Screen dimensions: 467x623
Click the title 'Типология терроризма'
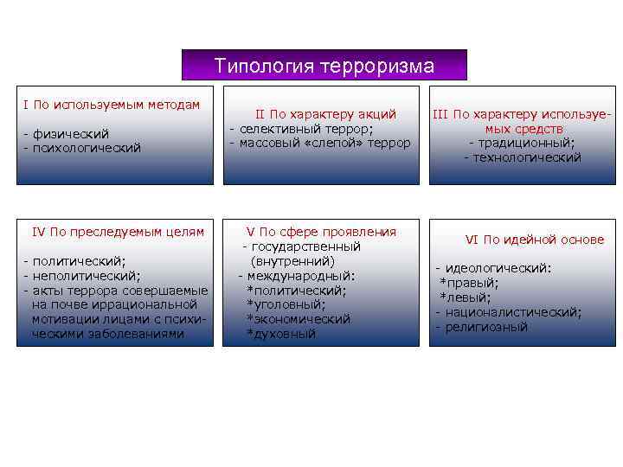tap(324, 66)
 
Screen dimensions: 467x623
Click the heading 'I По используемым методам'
tap(112, 105)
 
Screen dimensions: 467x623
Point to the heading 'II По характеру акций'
tap(324, 113)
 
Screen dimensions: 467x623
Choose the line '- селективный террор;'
tap(301, 128)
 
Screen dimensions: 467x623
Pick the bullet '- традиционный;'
tap(522, 143)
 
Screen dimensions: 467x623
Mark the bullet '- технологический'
tap(522, 157)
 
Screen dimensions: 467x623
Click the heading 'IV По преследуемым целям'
tap(118, 231)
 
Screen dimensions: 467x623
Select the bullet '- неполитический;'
tap(81, 275)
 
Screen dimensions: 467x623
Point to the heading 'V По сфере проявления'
tap(321, 231)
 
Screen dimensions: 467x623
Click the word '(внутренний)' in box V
tap(292, 260)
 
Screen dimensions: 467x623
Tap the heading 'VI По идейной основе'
tap(535, 240)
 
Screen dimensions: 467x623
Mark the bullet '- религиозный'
tap(481, 327)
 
